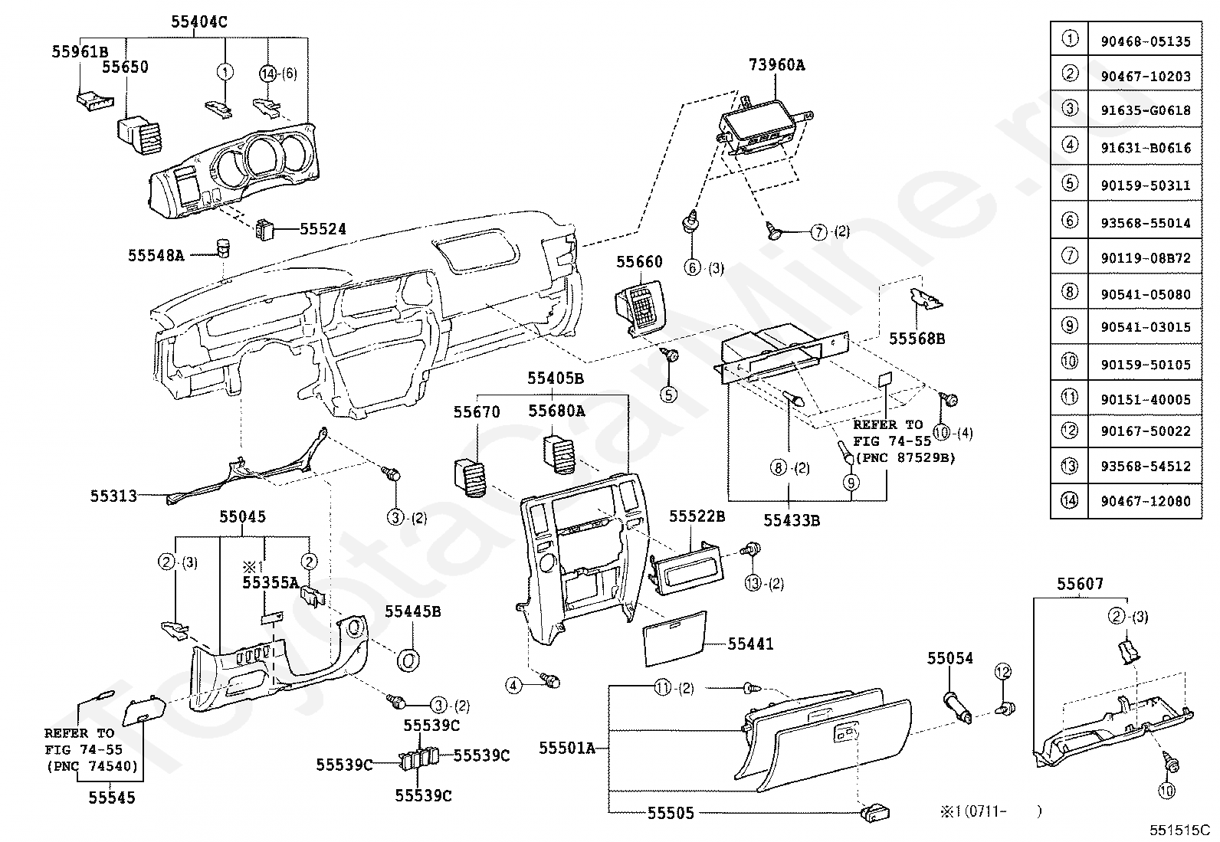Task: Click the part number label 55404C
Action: click(198, 21)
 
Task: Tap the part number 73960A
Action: click(776, 65)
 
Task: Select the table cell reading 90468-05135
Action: click(1146, 41)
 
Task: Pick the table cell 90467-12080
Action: click(1146, 501)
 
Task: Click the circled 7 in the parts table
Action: click(1070, 255)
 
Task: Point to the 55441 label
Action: click(750, 644)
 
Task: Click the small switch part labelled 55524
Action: click(265, 229)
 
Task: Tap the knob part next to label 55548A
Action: click(222, 247)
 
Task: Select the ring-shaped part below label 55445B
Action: click(408, 660)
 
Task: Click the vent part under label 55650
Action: click(140, 135)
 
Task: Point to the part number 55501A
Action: click(567, 749)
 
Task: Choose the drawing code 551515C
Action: click(1179, 830)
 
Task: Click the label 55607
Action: click(1080, 584)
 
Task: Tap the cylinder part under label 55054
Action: click(957, 707)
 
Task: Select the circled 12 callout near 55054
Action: click(1002, 671)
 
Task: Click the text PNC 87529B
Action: click(907, 458)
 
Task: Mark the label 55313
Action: click(113, 496)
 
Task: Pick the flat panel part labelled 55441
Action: click(674, 638)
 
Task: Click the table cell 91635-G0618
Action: click(1146, 110)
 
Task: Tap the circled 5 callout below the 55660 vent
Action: click(668, 395)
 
